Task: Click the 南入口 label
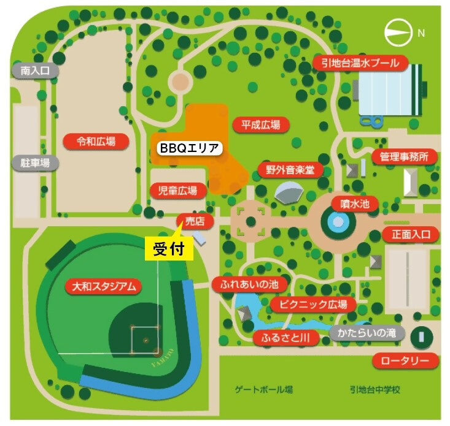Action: click(34, 71)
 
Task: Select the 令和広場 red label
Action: click(96, 142)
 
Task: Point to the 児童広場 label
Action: click(178, 191)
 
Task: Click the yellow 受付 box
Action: click(169, 248)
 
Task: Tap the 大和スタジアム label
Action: click(103, 286)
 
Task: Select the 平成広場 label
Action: click(261, 125)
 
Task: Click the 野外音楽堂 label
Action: click(290, 169)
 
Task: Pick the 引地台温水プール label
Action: click(360, 63)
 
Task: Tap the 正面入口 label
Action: click(411, 234)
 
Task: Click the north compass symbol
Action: click(400, 34)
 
